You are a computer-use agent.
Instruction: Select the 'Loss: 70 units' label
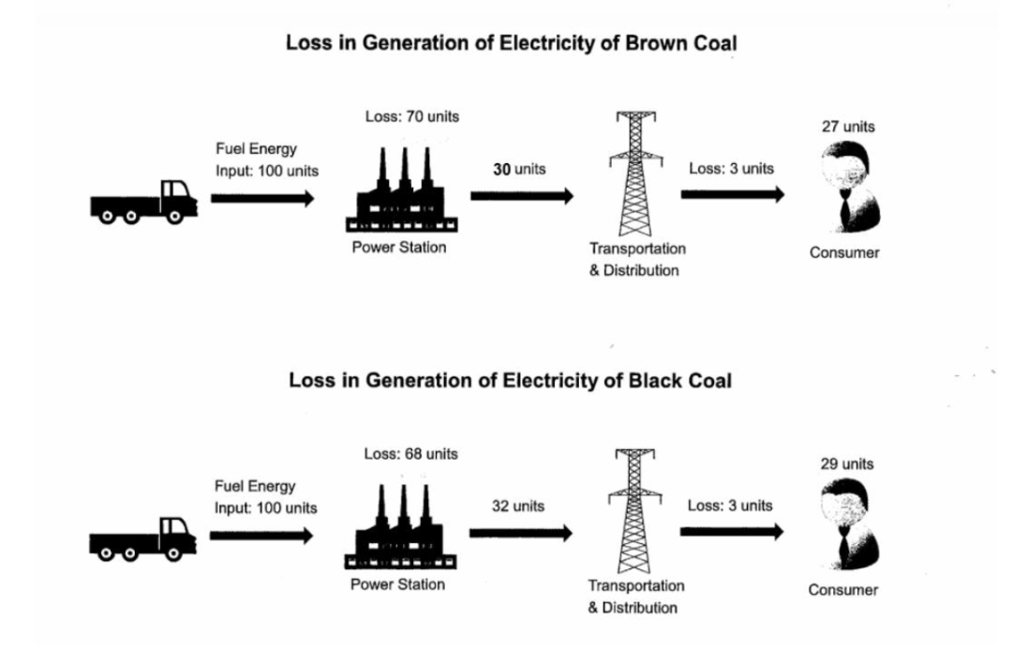tap(412, 117)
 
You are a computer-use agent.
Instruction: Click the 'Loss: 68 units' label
tap(411, 454)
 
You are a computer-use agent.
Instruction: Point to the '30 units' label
tap(519, 169)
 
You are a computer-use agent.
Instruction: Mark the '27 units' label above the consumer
tap(848, 127)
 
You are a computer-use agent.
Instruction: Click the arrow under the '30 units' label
tap(521, 195)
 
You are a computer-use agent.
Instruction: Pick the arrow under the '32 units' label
tap(520, 533)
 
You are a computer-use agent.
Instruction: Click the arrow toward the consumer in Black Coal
tap(731, 532)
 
